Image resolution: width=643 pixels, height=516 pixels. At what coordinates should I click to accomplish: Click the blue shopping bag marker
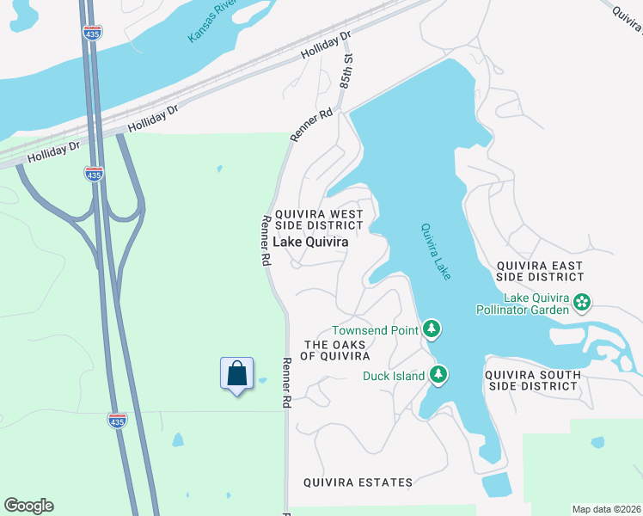[x=236, y=374]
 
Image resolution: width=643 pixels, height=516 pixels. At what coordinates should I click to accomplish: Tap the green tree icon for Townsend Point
[x=432, y=329]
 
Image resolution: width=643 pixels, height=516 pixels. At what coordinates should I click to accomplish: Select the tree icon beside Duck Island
[x=438, y=375]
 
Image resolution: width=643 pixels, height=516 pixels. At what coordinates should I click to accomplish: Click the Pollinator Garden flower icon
[x=582, y=303]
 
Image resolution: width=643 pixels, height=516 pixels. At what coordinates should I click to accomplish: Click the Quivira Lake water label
[x=435, y=251]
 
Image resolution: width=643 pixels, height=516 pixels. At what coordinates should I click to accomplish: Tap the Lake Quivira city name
[x=310, y=243]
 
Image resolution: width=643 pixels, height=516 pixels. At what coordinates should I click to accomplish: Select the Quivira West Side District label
[x=318, y=219]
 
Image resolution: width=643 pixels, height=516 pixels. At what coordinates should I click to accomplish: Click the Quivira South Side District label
[x=531, y=380]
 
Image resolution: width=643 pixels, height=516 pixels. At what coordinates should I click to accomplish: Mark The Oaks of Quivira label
[x=335, y=350]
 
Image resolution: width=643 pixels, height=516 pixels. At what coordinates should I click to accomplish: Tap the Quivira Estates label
[x=358, y=482]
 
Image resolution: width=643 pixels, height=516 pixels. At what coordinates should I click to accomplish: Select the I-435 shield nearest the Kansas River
[x=93, y=31]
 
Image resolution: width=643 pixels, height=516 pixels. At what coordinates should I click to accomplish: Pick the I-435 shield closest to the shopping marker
[x=118, y=420]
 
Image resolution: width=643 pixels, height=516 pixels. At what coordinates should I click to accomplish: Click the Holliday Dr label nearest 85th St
[x=327, y=46]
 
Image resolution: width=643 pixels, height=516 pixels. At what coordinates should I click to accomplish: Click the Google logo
[x=28, y=506]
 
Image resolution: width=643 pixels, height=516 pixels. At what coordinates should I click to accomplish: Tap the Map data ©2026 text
[x=606, y=509]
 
